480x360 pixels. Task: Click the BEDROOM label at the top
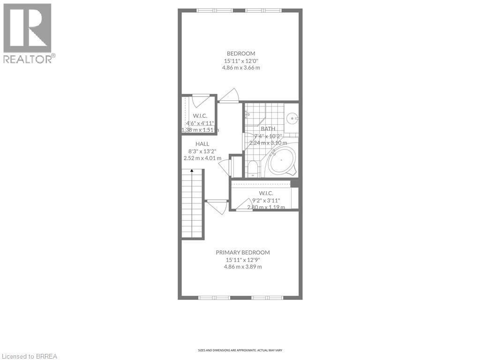tap(241, 53)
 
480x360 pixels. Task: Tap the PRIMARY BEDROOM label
tap(242, 252)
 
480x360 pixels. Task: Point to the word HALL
tap(202, 144)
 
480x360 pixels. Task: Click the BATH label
tap(268, 129)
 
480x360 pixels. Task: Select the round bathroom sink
tap(292, 118)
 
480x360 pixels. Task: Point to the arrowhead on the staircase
tap(191, 172)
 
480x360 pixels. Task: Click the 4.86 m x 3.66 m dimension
tap(241, 67)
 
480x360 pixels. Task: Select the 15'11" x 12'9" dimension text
tap(242, 260)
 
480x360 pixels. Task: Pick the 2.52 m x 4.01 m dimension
tap(202, 158)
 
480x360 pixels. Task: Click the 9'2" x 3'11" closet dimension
tap(266, 200)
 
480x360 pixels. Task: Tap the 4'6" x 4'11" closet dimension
tap(200, 123)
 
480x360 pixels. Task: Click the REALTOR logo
tap(28, 33)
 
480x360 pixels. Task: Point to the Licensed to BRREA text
tap(29, 356)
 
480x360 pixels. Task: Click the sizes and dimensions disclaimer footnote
tap(240, 350)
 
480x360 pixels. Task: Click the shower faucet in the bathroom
tap(247, 113)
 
